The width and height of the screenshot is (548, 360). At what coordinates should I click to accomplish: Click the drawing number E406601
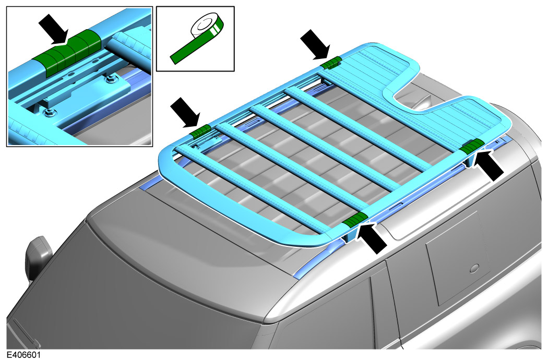[23, 355]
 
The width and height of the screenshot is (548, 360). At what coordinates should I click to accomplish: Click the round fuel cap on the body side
[474, 268]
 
